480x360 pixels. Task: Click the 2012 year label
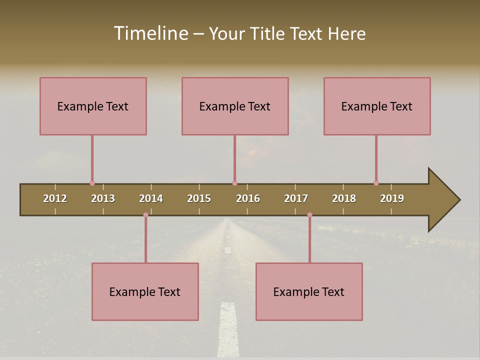click(55, 198)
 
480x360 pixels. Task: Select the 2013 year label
click(103, 198)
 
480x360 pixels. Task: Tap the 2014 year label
click(151, 198)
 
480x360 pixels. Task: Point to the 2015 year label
click(199, 198)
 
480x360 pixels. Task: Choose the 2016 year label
click(248, 198)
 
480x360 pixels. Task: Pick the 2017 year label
click(296, 198)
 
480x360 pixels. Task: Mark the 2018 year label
click(344, 198)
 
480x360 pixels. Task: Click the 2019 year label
click(392, 198)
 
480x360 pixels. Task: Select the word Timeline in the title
click(150, 33)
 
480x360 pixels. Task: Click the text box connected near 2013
click(93, 106)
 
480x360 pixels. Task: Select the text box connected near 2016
click(235, 106)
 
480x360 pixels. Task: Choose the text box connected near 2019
click(377, 106)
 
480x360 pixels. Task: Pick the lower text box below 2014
click(145, 291)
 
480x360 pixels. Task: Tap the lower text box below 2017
click(309, 291)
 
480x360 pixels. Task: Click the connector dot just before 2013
click(92, 183)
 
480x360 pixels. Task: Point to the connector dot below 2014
click(145, 215)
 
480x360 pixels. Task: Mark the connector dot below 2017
click(309, 215)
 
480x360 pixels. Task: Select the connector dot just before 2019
click(376, 183)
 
